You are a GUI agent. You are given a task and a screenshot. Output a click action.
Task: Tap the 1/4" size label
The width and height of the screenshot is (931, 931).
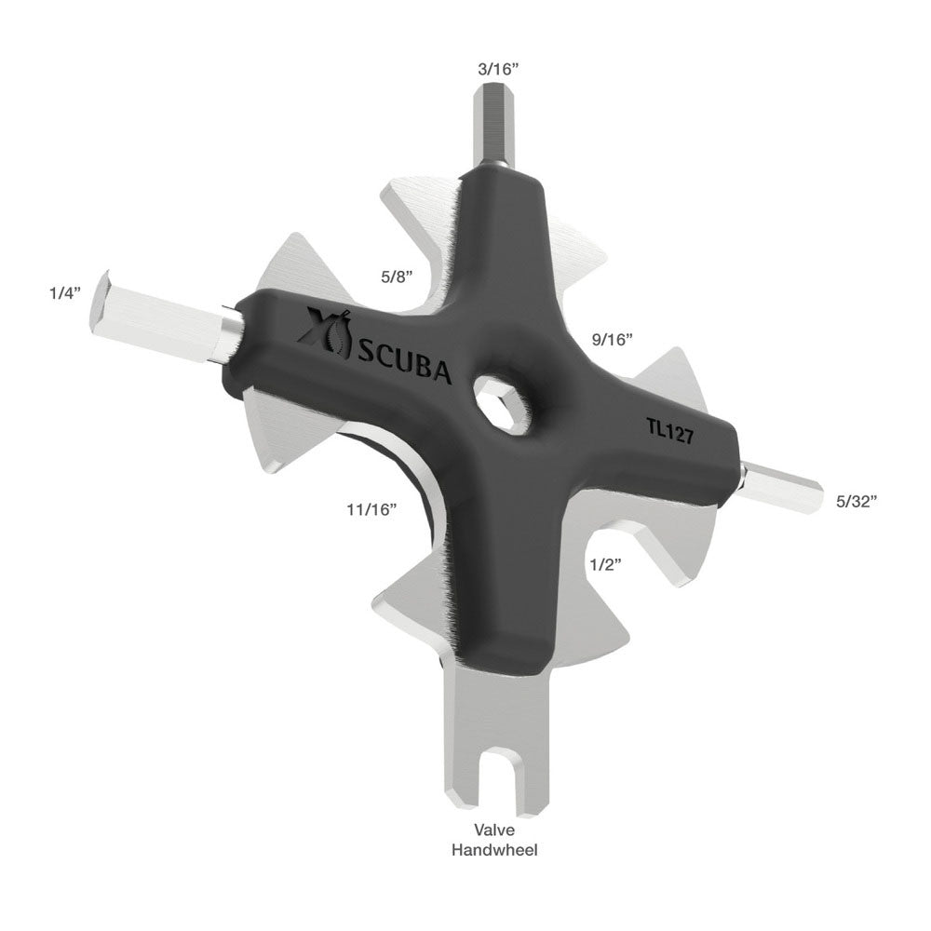[65, 292]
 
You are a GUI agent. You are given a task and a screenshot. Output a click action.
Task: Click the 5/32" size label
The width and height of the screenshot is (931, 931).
[857, 501]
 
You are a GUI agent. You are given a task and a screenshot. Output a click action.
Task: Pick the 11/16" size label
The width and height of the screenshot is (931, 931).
[371, 509]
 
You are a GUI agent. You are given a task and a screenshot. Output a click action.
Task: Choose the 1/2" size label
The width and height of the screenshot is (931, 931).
[605, 564]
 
